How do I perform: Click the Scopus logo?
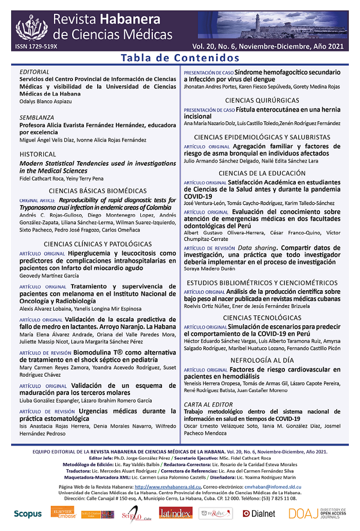[28, 513]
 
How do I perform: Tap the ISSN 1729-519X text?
[37, 46]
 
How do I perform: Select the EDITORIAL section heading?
[34, 72]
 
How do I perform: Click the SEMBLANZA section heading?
[37, 117]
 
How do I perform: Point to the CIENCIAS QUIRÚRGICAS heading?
[262, 100]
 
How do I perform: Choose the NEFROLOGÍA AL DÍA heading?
[262, 360]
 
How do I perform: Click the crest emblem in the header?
[32, 26]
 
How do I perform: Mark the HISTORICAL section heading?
[38, 154]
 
